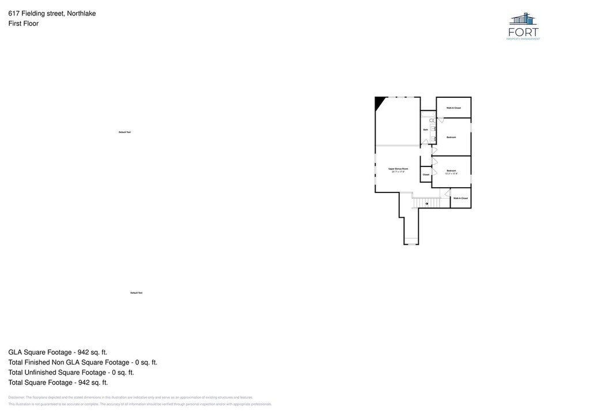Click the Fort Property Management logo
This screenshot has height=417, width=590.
click(x=523, y=26)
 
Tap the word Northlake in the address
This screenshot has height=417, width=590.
click(x=81, y=13)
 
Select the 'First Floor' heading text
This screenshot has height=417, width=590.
click(x=23, y=24)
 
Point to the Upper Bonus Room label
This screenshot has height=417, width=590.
click(x=398, y=169)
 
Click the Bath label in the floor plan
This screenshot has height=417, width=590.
click(x=425, y=130)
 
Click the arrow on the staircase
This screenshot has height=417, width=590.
click(x=426, y=203)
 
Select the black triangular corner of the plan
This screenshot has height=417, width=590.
click(x=379, y=102)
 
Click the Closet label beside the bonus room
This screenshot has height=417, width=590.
click(x=426, y=175)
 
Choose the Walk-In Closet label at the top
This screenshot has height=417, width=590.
click(x=454, y=108)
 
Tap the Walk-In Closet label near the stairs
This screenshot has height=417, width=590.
click(x=460, y=198)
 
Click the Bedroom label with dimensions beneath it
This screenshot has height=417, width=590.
click(x=451, y=170)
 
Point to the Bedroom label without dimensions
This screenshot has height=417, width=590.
click(x=451, y=137)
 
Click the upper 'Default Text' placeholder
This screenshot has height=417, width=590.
click(x=124, y=132)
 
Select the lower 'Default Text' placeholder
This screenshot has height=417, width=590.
click(x=136, y=293)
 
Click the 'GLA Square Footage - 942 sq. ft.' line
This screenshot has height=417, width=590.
click(x=58, y=352)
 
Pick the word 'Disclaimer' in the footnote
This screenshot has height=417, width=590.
click(x=17, y=397)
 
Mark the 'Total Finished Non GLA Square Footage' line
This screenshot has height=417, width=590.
click(x=82, y=362)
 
